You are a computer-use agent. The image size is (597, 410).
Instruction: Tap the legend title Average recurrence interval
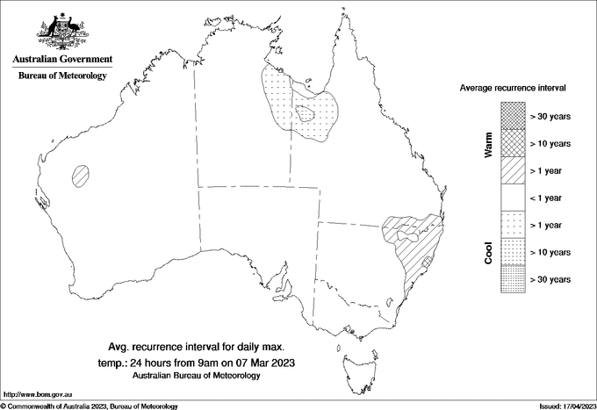point(514,90)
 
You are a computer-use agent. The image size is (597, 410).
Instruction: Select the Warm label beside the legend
point(489,145)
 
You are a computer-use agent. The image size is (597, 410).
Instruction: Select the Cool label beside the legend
point(489,252)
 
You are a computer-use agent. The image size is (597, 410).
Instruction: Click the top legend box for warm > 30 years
point(512,115)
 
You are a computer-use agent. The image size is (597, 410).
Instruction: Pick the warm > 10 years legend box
point(512,143)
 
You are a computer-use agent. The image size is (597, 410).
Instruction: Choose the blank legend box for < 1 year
point(512,198)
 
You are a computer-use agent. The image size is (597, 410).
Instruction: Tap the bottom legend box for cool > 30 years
point(512,279)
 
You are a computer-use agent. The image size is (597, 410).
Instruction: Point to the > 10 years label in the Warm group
point(550,143)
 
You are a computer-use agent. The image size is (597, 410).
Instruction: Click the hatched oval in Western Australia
point(82,174)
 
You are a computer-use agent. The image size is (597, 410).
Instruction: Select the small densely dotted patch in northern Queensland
point(306,112)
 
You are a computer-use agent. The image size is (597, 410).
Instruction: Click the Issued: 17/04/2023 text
point(565,405)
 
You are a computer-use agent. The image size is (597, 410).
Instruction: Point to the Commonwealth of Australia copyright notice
point(90,405)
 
